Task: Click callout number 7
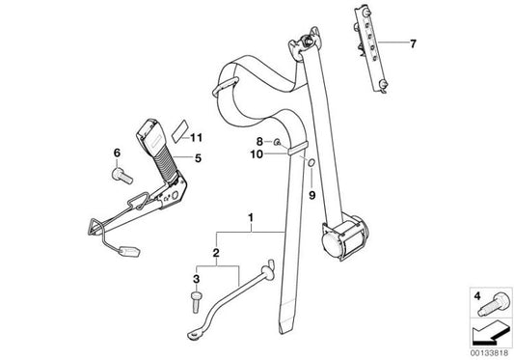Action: pyautogui.click(x=413, y=43)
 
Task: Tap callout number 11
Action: pyautogui.click(x=196, y=137)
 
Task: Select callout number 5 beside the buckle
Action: pyautogui.click(x=198, y=158)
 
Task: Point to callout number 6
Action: pyautogui.click(x=117, y=152)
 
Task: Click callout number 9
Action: pyautogui.click(x=312, y=195)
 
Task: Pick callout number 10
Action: pyautogui.click(x=257, y=153)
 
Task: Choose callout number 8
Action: pyautogui.click(x=259, y=142)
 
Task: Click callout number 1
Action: pyautogui.click(x=251, y=217)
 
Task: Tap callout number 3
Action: pyautogui.click(x=196, y=279)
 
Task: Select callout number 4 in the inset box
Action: pyautogui.click(x=477, y=296)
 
